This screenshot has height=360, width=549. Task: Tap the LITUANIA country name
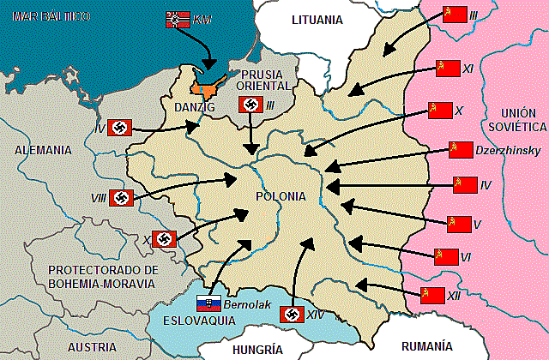317,19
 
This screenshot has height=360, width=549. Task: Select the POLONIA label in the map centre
280,196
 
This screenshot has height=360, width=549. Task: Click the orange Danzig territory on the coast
206,87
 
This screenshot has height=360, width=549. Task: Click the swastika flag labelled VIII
122,198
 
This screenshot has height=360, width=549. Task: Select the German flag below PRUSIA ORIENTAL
250,105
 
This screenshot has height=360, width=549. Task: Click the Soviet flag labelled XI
445,68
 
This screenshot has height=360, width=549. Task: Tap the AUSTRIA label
91,347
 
